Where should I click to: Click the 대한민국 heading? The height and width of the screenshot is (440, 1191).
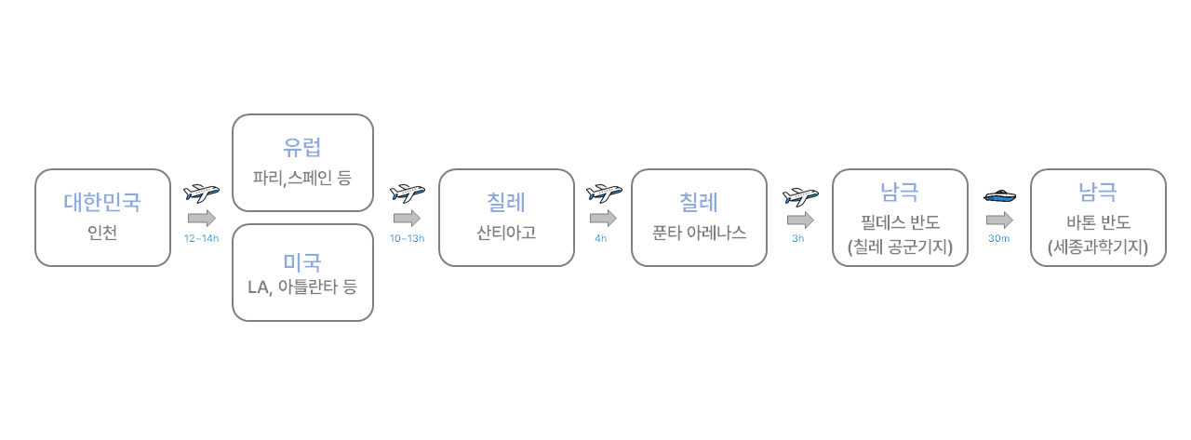point(102,201)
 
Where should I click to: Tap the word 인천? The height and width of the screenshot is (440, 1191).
point(102,233)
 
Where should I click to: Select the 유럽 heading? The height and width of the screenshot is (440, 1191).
point(302,147)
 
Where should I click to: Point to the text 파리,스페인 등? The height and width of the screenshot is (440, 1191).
point(302,177)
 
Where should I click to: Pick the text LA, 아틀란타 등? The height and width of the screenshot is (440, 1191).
point(302,287)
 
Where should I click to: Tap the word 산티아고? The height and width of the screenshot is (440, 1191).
point(506,233)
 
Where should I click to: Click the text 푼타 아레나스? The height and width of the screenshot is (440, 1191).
point(700,233)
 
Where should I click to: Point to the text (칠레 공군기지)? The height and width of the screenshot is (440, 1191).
point(900,247)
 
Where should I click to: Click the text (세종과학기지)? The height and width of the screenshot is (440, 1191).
point(1098,247)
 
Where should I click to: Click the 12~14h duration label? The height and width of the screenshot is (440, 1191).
point(202,239)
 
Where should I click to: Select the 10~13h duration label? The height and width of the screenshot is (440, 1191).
point(407,239)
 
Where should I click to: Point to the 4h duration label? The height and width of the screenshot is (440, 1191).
point(601,239)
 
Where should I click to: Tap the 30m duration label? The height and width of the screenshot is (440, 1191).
point(999,239)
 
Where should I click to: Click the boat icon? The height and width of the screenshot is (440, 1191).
point(999,195)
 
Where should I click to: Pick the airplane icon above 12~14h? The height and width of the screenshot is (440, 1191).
point(202,193)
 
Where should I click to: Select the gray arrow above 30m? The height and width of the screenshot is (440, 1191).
point(999,220)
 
